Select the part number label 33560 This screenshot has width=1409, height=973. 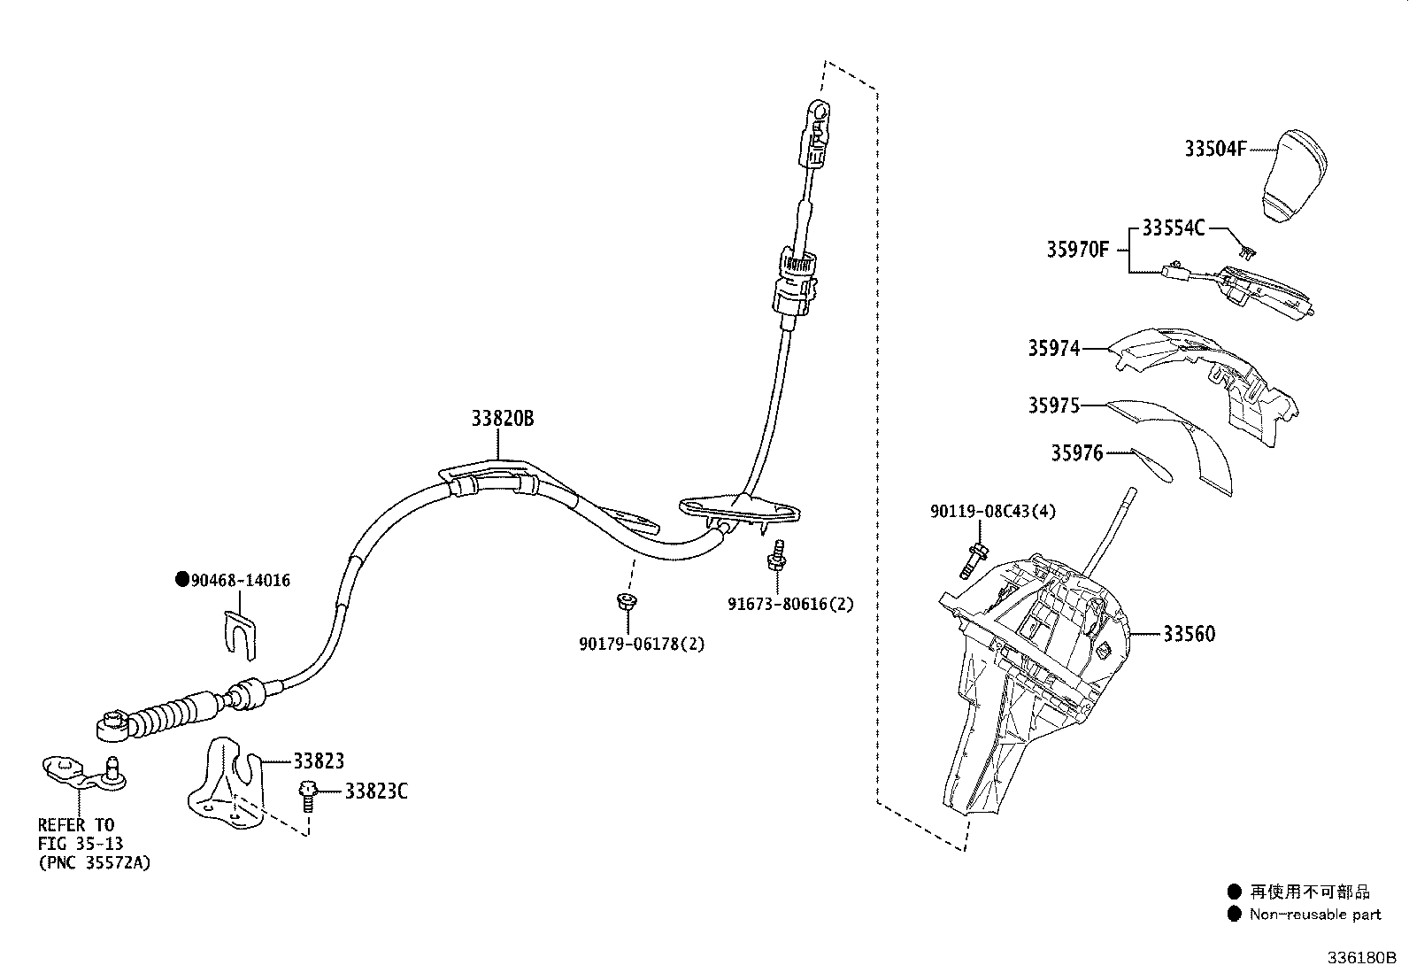(1189, 634)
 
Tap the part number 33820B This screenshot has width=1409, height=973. (502, 419)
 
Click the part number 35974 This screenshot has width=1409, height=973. (1053, 348)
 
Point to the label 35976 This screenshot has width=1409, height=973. (1076, 453)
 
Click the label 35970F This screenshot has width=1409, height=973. (1077, 250)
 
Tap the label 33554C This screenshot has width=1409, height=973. (1173, 228)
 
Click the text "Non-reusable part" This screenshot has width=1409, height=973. (1314, 915)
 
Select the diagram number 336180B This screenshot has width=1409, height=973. (1359, 958)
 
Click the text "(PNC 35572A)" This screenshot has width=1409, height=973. (94, 861)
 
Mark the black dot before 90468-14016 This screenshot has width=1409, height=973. (181, 580)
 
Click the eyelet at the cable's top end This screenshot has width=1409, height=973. (820, 112)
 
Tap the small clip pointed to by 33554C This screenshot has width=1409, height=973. (1250, 252)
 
